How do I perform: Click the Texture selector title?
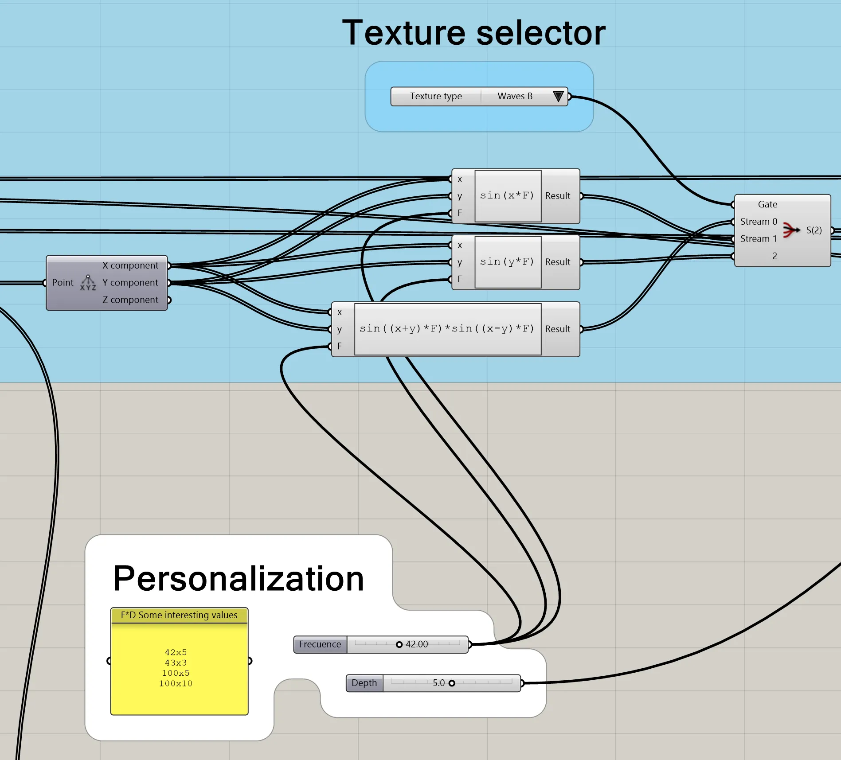pyautogui.click(x=473, y=33)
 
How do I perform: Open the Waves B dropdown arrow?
pyautogui.click(x=558, y=96)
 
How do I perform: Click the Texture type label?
pyautogui.click(x=436, y=96)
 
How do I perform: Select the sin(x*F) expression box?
pyautogui.click(x=508, y=196)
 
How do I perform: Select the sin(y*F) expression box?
pyautogui.click(x=508, y=262)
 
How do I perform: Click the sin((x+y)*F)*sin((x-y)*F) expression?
pyautogui.click(x=447, y=329)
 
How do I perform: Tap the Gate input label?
pyautogui.click(x=767, y=204)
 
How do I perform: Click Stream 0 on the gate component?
pyautogui.click(x=759, y=222)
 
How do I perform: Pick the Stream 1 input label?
pyautogui.click(x=759, y=239)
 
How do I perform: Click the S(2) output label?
pyautogui.click(x=814, y=230)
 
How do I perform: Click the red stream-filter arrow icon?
pyautogui.click(x=790, y=230)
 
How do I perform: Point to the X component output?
pyautogui.click(x=130, y=265)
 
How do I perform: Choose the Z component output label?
pyautogui.click(x=130, y=300)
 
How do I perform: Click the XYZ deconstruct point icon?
pyautogui.click(x=88, y=283)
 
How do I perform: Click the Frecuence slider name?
pyautogui.click(x=320, y=644)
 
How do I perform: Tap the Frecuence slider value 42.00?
pyautogui.click(x=417, y=644)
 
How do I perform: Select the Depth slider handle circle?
pyautogui.click(x=452, y=683)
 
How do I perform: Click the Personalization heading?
pyautogui.click(x=239, y=578)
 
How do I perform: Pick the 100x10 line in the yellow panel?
pyautogui.click(x=176, y=684)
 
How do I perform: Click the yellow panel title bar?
pyautogui.click(x=179, y=615)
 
